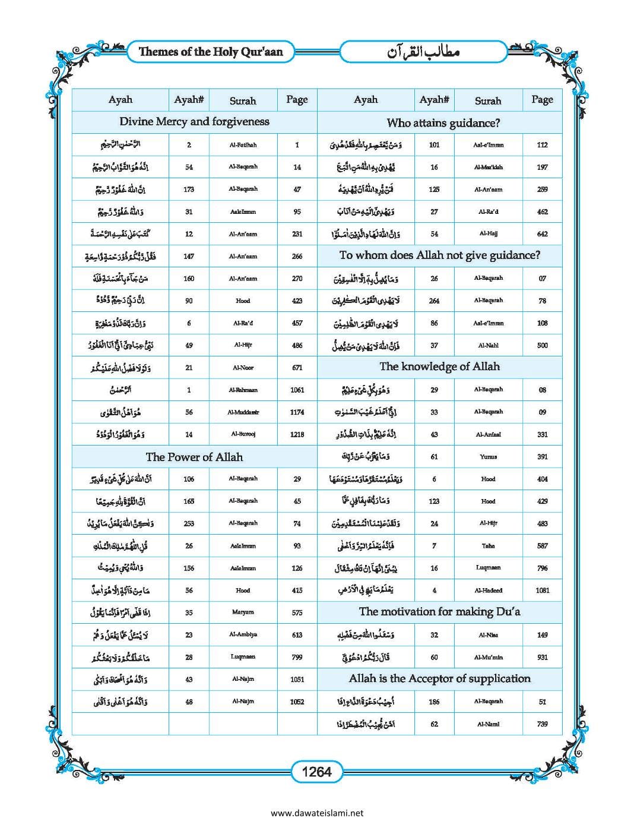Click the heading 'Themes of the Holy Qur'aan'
[211, 52]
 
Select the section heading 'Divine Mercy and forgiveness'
[194, 122]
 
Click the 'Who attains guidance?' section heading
[443, 123]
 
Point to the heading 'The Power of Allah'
[194, 457]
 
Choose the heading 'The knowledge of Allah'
[439, 367]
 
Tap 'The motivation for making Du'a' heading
[439, 611]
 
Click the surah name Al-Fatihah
[243, 144]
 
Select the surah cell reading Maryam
[243, 612]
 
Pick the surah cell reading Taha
[488, 545]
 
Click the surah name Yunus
[488, 457]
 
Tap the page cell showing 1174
[297, 412]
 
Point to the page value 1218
[297, 434]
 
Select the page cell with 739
[542, 724]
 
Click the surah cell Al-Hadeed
[488, 591]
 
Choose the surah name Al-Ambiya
[243, 634]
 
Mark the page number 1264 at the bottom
[316, 772]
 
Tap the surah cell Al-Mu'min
[488, 657]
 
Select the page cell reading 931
[542, 657]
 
